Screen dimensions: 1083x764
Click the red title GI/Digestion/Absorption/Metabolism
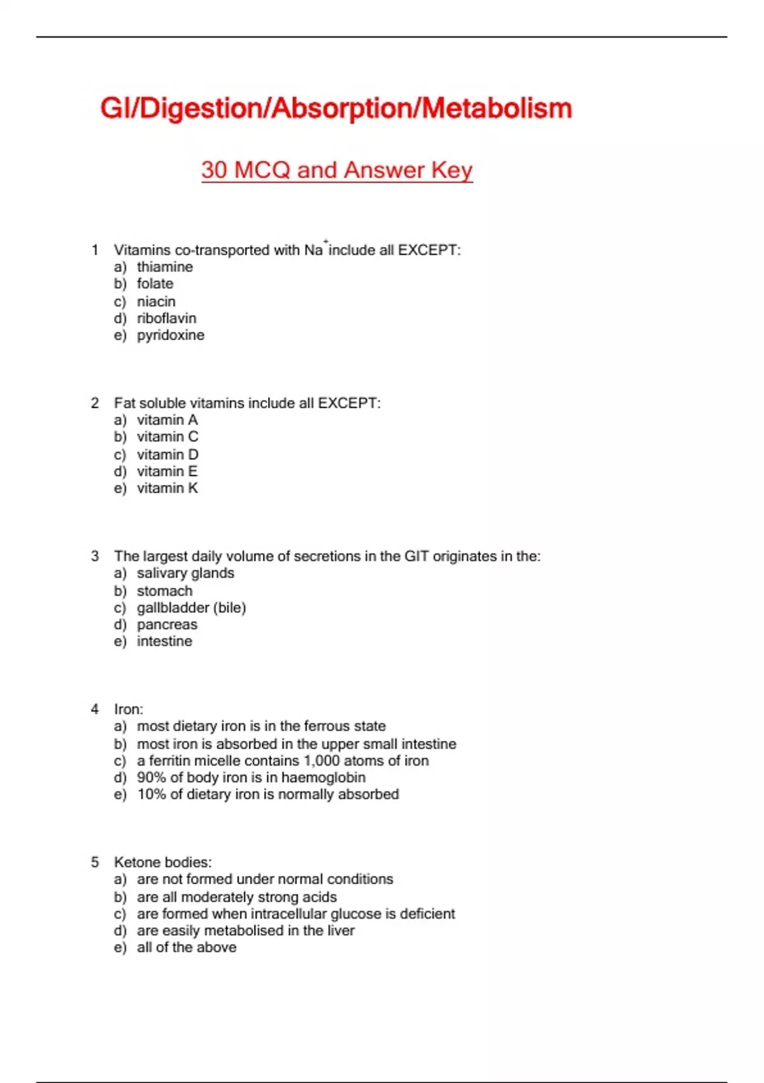point(336,108)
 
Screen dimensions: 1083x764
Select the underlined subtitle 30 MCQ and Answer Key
point(337,170)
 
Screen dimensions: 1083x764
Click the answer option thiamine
point(164,267)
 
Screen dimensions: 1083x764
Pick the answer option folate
point(155,283)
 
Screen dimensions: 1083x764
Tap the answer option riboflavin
point(166,318)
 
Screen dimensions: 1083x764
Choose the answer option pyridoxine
point(171,335)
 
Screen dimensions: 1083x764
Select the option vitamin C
point(167,437)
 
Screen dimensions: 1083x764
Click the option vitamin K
point(167,488)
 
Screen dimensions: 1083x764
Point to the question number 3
point(95,556)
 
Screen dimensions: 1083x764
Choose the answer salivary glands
point(185,573)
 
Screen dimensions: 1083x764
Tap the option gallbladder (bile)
point(191,608)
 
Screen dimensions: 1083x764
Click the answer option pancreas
point(167,624)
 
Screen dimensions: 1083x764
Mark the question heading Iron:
point(129,709)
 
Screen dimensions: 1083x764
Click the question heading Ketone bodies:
point(163,862)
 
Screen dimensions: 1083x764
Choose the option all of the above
point(187,947)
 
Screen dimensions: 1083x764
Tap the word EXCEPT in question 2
point(347,403)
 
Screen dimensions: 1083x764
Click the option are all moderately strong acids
point(237,897)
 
